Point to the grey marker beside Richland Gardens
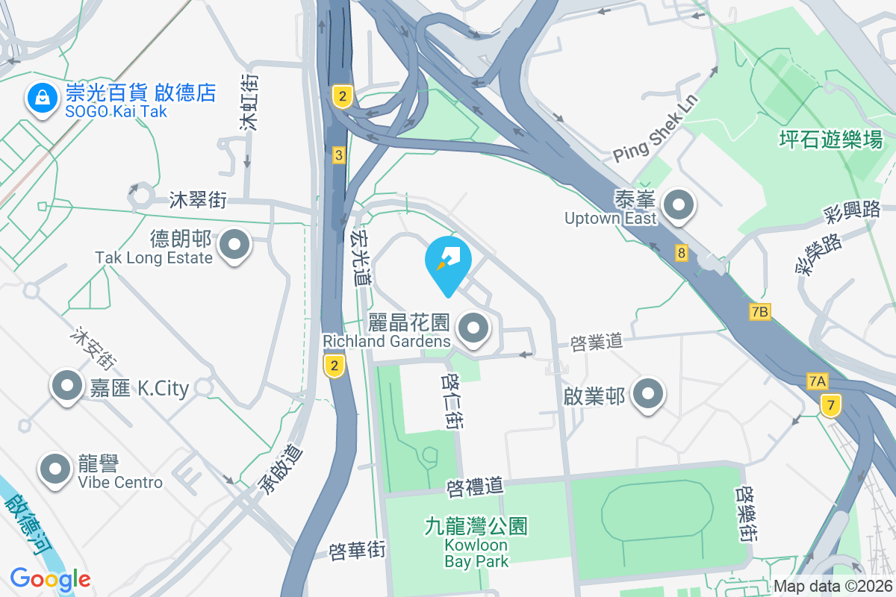(x=473, y=328)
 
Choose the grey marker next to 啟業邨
(x=647, y=393)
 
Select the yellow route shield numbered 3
(x=339, y=155)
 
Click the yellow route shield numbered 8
(x=680, y=253)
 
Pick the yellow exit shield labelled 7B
(x=759, y=312)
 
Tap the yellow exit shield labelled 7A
(x=818, y=382)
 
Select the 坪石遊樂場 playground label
(x=830, y=139)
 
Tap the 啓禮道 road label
(x=475, y=487)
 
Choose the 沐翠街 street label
(x=198, y=200)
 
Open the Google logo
(x=50, y=578)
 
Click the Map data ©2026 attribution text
(x=832, y=587)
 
